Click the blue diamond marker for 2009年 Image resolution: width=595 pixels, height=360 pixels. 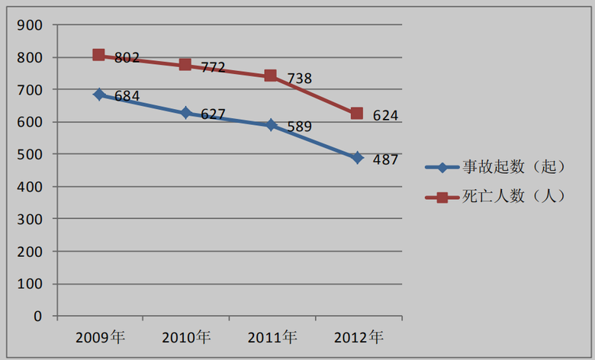point(99,95)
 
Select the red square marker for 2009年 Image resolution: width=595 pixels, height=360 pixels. point(99,55)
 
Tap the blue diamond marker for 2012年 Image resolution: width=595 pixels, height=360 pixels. point(357,158)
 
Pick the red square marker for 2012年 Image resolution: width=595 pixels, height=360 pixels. point(357,114)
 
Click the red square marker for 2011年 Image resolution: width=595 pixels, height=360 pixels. point(271,76)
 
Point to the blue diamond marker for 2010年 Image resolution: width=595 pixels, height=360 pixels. point(185,113)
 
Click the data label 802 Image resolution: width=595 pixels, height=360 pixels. point(127,57)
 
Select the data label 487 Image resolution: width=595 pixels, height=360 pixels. point(385,160)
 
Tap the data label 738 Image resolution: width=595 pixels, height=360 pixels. point(299,78)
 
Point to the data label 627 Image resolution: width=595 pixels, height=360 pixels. point(213,114)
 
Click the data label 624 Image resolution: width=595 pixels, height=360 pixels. point(385,116)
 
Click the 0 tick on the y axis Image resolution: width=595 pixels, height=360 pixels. point(37,316)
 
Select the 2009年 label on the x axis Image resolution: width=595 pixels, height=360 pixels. point(100,336)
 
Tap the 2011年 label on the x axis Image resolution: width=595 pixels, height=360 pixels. point(272,336)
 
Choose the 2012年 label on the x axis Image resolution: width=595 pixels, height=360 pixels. point(358,336)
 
